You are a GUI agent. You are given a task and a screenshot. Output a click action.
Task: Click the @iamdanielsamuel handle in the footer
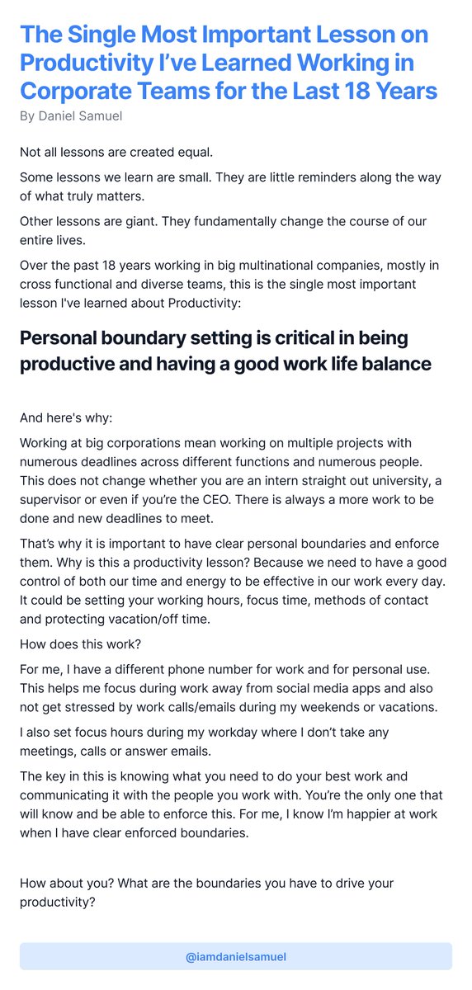coord(236,957)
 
